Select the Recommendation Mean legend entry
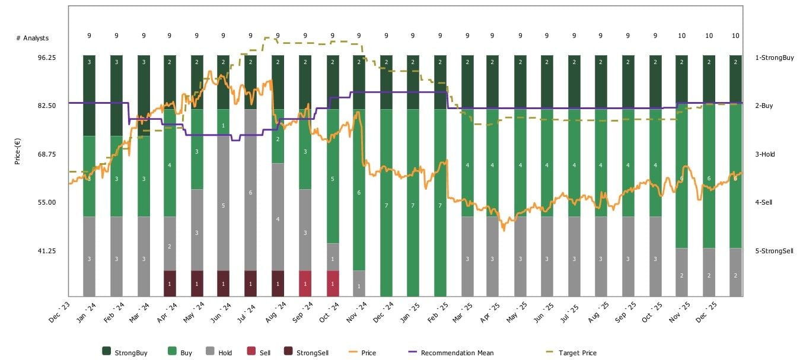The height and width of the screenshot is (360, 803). [x=457, y=353]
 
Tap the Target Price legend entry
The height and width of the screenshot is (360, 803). [x=577, y=353]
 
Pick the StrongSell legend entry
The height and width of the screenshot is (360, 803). [x=316, y=353]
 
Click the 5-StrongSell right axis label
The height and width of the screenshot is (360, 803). [x=774, y=251]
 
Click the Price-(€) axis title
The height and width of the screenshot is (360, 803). [x=18, y=151]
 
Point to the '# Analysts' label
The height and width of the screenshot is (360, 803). [x=32, y=38]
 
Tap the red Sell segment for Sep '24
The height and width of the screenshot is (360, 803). [x=305, y=283]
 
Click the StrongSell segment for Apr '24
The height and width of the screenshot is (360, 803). [x=170, y=283]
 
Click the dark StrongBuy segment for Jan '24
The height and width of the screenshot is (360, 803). [x=89, y=95]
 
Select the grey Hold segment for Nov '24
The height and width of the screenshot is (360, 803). [x=359, y=283]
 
